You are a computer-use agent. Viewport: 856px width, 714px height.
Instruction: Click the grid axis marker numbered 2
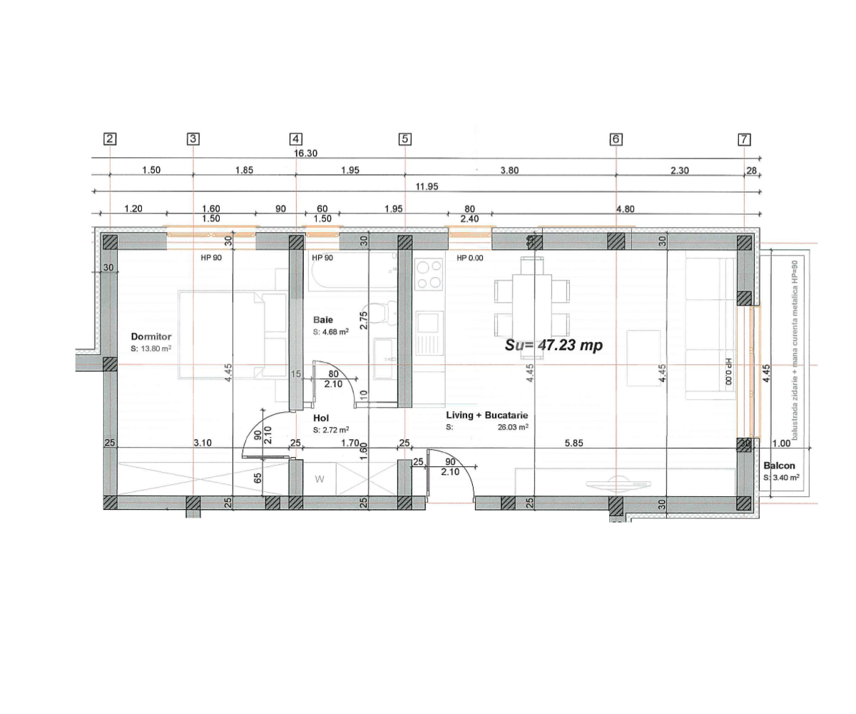point(110,139)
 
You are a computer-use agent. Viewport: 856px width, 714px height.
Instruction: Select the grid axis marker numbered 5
point(404,139)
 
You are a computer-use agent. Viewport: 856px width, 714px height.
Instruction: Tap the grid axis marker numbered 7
point(744,139)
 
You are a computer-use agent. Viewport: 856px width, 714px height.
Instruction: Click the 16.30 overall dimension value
point(305,154)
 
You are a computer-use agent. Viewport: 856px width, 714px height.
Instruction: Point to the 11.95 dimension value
point(427,187)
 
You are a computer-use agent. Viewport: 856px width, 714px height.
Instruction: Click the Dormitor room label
point(151,336)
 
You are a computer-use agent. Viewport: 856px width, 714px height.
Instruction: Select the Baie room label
point(323,321)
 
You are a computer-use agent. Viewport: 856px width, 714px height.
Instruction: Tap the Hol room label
point(320,418)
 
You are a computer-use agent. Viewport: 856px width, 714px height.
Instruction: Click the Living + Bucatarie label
point(487,415)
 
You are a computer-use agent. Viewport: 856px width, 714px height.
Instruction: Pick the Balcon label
point(780,465)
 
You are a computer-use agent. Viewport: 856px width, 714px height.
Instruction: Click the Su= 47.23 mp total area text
point(554,345)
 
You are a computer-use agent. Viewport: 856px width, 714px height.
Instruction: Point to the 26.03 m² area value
point(513,427)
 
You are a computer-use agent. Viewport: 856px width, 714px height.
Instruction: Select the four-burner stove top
point(429,274)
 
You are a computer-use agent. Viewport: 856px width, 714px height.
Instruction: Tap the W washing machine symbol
point(320,479)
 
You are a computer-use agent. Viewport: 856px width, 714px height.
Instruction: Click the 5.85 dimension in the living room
point(574,443)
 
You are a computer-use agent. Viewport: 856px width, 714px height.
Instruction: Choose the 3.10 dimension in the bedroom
point(203,443)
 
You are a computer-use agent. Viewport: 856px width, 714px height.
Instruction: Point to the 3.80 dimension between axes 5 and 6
point(509,171)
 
